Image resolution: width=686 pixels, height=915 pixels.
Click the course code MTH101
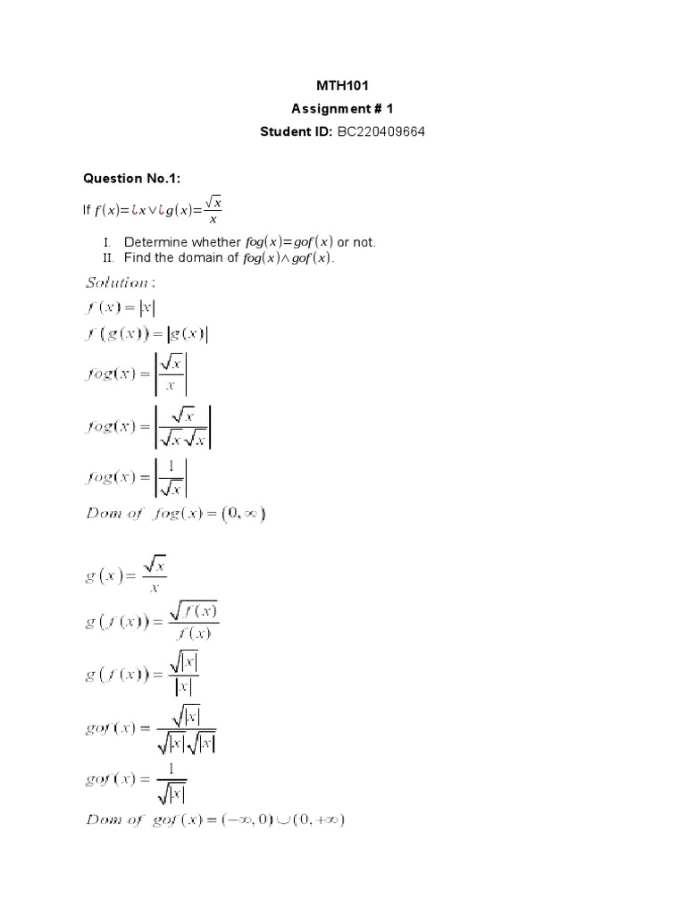tap(342, 86)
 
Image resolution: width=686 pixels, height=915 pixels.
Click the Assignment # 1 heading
tap(342, 109)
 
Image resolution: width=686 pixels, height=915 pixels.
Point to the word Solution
tap(117, 282)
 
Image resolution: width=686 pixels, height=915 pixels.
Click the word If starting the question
tap(87, 210)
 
